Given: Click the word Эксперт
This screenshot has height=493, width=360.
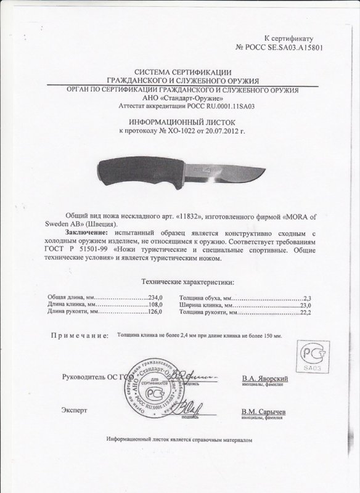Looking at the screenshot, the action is pos(74,409).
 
